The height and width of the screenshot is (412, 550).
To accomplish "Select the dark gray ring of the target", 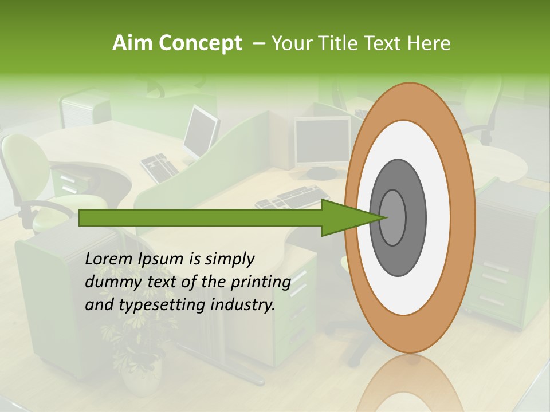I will (x=415, y=217).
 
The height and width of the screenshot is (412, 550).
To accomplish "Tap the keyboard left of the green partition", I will (x=160, y=168).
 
